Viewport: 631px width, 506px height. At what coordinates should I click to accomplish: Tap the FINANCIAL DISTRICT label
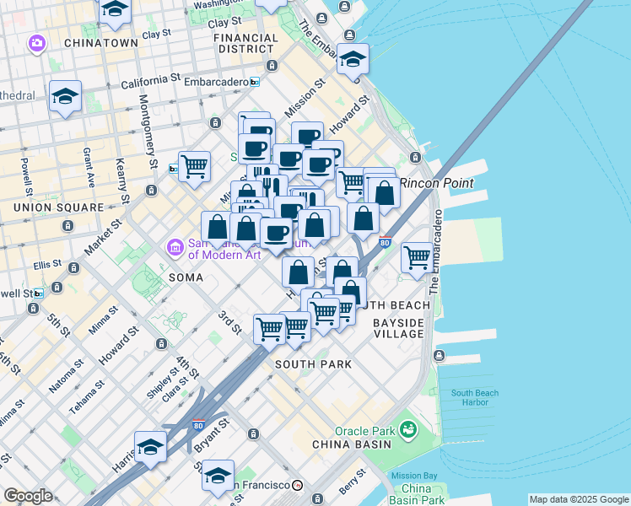pos(245,43)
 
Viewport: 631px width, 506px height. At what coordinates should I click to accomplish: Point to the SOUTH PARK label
pos(313,363)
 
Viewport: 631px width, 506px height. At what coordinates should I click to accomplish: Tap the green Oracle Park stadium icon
pos(409,430)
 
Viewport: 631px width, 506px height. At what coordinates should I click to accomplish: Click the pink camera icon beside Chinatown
pos(36,42)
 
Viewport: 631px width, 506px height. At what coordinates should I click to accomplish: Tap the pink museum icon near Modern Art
pos(175,247)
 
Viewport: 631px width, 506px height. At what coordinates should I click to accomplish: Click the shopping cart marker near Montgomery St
pos(194,165)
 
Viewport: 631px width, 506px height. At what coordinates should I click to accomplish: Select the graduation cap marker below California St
pos(64,96)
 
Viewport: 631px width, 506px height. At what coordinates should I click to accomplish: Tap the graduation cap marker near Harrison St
pos(150,447)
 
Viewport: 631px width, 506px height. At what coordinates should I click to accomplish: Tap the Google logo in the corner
pos(28,496)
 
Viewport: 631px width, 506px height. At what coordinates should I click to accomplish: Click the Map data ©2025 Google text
pos(578,499)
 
